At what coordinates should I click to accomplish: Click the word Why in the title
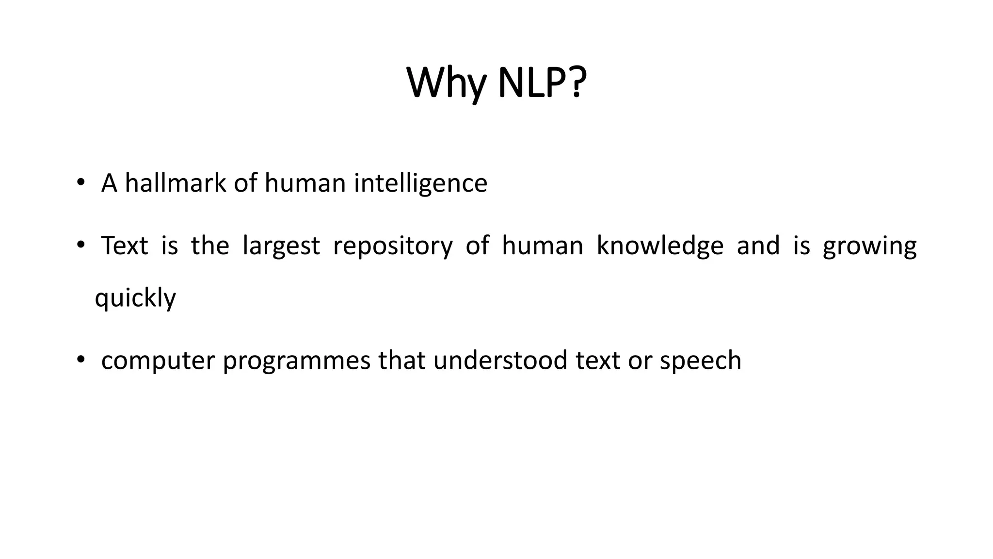point(446,83)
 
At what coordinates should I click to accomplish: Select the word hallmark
point(176,183)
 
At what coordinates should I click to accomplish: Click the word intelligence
point(420,184)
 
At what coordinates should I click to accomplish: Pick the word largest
point(281,246)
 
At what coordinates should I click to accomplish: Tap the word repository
point(393,246)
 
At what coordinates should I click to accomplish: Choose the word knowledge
point(660,246)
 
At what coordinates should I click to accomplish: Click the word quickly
point(135,298)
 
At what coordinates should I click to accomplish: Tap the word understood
point(500,360)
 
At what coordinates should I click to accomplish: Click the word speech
point(701,361)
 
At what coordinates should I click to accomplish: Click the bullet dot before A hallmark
point(80,183)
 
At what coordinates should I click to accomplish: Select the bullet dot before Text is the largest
point(80,245)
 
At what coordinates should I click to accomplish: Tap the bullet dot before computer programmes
point(80,360)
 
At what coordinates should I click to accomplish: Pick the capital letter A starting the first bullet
point(109,183)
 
